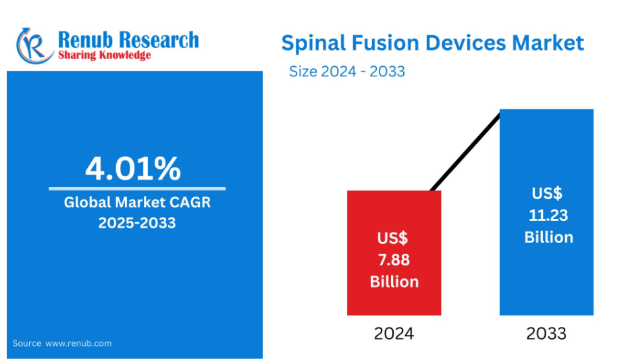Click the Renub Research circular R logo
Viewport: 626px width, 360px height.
tap(34, 46)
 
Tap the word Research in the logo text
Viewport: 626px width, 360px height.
tap(159, 40)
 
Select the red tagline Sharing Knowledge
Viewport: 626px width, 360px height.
tap(105, 55)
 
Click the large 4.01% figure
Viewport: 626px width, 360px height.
tap(133, 168)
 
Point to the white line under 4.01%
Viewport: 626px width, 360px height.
tap(137, 189)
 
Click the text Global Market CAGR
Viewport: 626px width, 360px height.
tap(137, 203)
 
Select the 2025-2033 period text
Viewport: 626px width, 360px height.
tap(137, 223)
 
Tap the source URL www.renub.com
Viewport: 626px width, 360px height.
tap(78, 343)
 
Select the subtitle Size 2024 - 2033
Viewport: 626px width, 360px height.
tap(347, 72)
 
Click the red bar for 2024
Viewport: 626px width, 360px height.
tap(394, 253)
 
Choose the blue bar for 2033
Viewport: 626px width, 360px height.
tap(546, 212)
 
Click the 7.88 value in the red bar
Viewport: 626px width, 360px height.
tap(394, 260)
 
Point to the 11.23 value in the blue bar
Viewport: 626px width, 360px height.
tap(548, 215)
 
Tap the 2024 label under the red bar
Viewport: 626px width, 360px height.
tap(394, 334)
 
